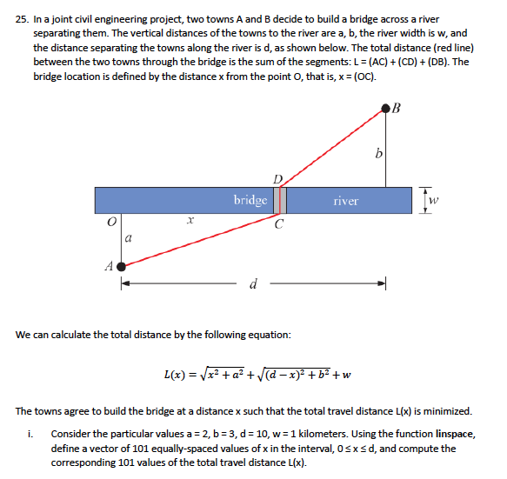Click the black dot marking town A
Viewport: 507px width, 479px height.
[x=121, y=267]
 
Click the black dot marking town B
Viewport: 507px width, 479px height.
[x=386, y=108]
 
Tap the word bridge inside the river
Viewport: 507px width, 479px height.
[x=250, y=200]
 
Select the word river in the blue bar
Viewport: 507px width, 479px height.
[x=345, y=201]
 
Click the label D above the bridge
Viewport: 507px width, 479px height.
[x=277, y=179]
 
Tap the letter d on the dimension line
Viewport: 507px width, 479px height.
[x=252, y=283]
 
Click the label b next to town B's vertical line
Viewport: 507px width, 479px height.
[x=377, y=154]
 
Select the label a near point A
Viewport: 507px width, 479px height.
[x=128, y=236]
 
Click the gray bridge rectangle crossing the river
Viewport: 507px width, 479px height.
[x=280, y=200]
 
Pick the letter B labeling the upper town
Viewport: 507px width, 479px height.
[x=398, y=109]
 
